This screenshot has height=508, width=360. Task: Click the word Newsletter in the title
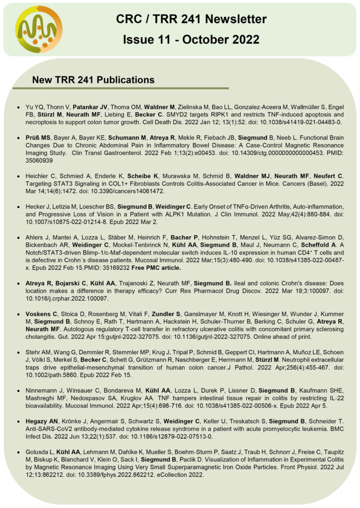(231, 19)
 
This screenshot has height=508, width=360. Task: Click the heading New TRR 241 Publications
(93, 80)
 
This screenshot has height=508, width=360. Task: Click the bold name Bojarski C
(71, 283)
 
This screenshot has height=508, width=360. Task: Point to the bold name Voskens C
(41, 314)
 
